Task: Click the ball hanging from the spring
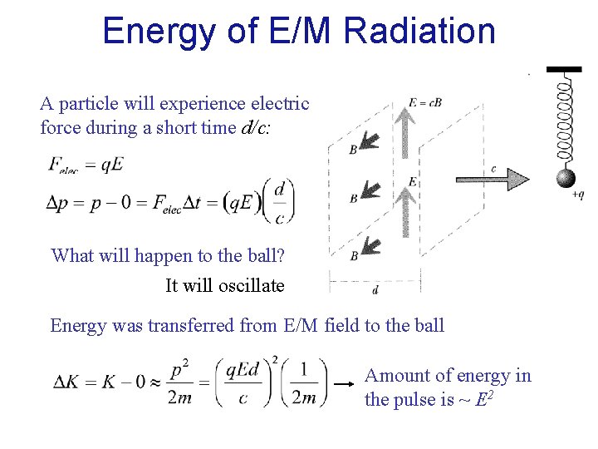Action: pyautogui.click(x=566, y=178)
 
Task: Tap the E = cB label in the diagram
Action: pyautogui.click(x=424, y=103)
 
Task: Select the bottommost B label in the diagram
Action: pyautogui.click(x=354, y=256)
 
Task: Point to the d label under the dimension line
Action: pyautogui.click(x=375, y=290)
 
